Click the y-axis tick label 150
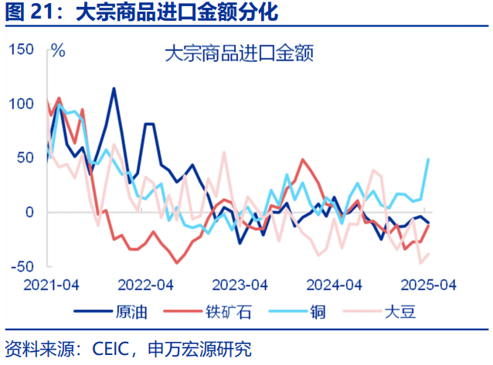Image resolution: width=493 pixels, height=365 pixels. coord(22,50)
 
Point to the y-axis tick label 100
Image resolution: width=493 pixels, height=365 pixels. coord(22,104)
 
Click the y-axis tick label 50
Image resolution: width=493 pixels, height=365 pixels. coord(25,158)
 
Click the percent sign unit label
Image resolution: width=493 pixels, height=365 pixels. coord(58,53)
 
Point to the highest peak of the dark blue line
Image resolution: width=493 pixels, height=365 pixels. coord(114,88)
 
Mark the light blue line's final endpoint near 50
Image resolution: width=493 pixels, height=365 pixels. coord(429,159)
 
